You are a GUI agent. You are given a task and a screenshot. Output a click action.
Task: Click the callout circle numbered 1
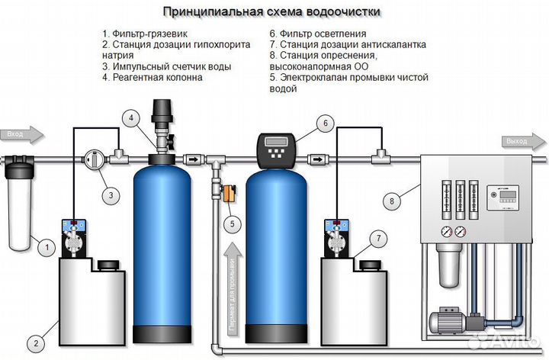click(46, 246)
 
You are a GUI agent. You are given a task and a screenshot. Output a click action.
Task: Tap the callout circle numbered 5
click(232, 223)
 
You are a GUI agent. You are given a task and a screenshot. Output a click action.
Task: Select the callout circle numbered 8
click(392, 202)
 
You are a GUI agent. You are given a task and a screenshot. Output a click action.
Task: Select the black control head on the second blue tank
click(277, 150)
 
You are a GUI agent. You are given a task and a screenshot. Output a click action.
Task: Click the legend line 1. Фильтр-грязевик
click(145, 34)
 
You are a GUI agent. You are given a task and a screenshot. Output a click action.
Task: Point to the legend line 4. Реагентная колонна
click(152, 78)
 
